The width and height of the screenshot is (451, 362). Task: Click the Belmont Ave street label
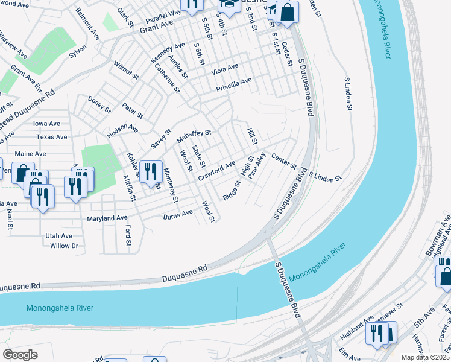87,24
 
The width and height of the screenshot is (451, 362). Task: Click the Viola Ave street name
224,69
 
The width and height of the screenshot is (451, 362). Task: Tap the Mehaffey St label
194,136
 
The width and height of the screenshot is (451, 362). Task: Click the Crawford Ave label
216,170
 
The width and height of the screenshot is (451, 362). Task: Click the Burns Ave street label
178,213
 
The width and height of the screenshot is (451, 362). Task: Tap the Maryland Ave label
107,218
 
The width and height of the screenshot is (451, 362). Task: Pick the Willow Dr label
65,246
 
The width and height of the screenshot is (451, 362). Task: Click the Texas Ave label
51,137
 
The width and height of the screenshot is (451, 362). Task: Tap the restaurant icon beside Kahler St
151,171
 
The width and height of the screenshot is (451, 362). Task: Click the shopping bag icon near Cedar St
288,13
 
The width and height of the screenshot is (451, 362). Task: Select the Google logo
20,355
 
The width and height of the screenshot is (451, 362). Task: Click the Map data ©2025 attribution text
425,357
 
